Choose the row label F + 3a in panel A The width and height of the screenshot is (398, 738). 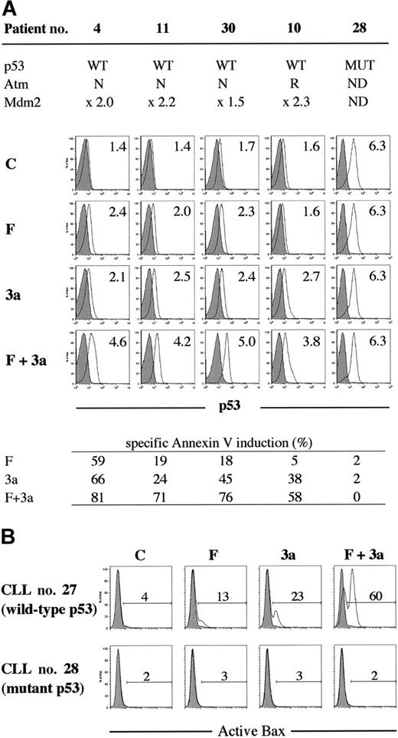(x=29, y=338)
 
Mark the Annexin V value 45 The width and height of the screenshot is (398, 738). (x=228, y=480)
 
